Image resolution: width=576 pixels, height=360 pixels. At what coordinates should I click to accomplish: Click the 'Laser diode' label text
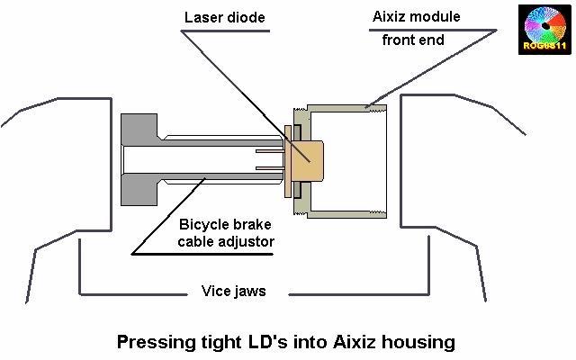[x=225, y=18]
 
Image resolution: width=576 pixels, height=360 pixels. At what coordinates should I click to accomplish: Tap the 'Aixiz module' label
[x=416, y=17]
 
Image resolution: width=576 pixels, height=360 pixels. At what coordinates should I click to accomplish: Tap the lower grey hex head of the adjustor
[x=140, y=192]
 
